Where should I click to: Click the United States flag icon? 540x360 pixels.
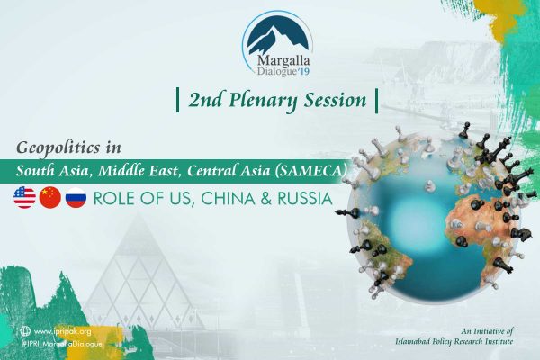25,198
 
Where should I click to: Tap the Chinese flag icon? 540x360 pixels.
50,198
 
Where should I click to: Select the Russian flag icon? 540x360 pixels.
76,198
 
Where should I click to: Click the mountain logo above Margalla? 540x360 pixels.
277,35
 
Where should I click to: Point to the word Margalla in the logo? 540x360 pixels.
283,61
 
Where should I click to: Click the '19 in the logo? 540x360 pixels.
303,72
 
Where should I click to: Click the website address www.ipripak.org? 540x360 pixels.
63,331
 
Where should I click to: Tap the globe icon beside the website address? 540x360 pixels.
25,331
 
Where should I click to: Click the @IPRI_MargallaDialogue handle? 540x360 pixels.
61,344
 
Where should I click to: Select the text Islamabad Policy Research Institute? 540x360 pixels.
454,342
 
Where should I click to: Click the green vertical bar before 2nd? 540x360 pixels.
177,100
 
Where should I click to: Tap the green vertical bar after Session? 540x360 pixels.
376,101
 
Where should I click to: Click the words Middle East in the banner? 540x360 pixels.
139,171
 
